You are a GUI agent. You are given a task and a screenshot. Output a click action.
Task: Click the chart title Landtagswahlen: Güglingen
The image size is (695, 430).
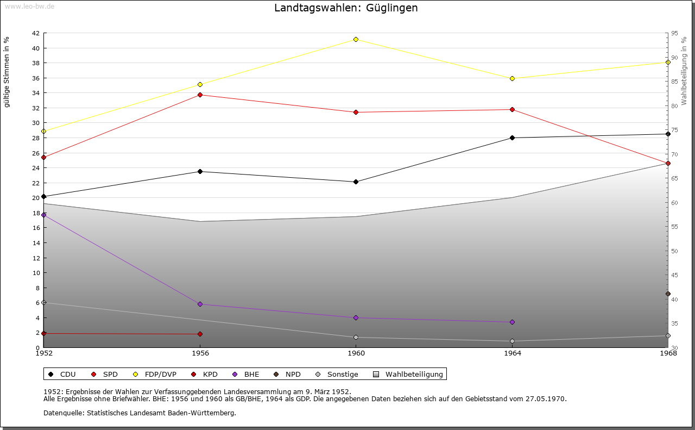346,8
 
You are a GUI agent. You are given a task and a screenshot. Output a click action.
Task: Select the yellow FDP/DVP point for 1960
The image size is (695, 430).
356,39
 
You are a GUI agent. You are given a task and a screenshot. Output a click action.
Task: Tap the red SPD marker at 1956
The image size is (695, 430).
200,95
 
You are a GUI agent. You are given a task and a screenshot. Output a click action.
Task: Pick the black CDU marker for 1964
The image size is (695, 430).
512,138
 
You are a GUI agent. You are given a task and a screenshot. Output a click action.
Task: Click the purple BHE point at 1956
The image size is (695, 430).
200,304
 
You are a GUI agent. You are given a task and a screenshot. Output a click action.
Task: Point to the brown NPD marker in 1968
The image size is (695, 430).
668,294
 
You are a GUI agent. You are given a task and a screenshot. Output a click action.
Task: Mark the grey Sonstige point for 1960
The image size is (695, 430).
356,337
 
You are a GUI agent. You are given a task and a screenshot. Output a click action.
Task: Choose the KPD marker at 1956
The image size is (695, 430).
200,334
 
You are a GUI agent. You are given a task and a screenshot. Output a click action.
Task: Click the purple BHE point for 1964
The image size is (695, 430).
512,322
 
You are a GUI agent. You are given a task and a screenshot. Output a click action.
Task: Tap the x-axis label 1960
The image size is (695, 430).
356,353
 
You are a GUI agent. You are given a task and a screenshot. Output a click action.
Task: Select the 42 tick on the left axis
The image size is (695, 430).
35,33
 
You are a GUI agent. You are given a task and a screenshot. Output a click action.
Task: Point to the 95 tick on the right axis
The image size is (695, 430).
674,33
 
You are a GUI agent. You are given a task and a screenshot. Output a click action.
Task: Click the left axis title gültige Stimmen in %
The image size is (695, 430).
7,72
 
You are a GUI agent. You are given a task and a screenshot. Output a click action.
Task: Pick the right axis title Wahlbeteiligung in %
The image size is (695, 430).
684,71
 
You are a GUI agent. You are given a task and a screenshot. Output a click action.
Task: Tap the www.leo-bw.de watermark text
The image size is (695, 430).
29,5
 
